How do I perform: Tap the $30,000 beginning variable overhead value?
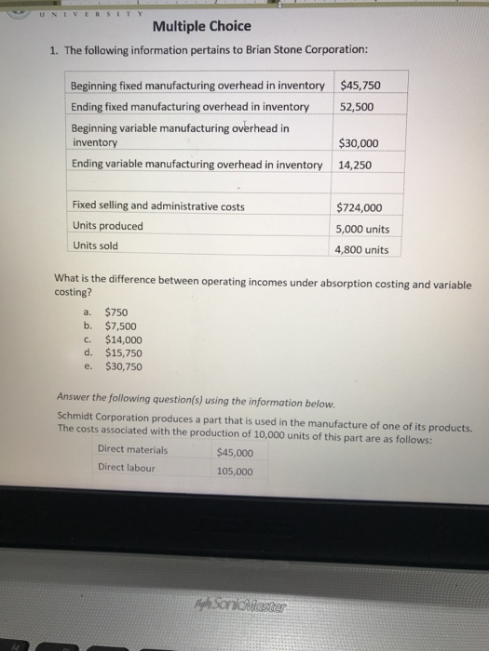tap(362, 143)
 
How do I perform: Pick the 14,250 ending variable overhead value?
tap(355, 165)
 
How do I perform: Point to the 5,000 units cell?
tap(363, 229)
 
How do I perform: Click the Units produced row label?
tap(107, 226)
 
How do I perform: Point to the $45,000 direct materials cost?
tap(234, 454)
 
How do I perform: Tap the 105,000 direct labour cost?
tap(234, 472)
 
